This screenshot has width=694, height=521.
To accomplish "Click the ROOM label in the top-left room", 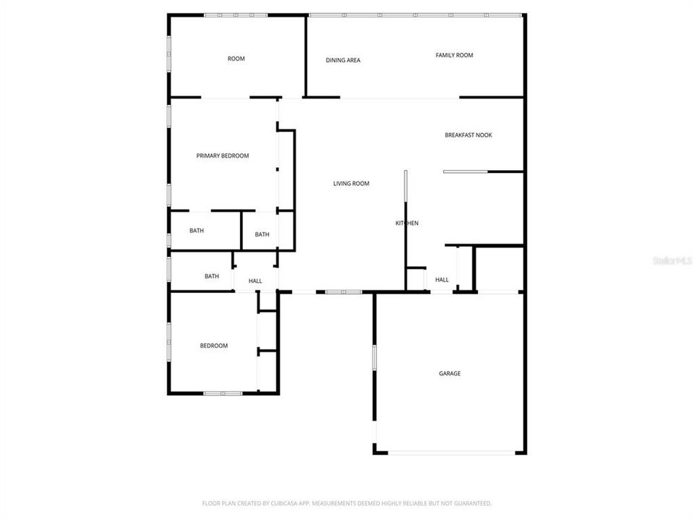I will [236, 59].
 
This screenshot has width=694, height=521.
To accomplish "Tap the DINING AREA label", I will [343, 60].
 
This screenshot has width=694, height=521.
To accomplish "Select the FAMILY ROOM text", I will [454, 55].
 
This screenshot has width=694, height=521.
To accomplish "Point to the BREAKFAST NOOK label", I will [468, 135].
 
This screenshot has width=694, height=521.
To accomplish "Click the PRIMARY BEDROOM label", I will [223, 156].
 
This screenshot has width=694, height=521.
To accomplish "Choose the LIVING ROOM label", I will [351, 184].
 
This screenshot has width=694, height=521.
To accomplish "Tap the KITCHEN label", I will [406, 223].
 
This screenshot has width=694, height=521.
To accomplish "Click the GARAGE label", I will [450, 373].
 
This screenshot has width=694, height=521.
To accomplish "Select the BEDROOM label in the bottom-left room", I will [213, 346].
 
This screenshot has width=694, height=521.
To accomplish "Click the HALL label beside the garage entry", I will [442, 279].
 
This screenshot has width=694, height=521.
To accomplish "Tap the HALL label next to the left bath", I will [255, 281].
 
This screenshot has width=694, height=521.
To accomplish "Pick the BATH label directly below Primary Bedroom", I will [197, 231].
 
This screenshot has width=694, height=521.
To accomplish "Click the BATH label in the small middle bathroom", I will [262, 234].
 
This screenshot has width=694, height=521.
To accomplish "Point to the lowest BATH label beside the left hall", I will [212, 276].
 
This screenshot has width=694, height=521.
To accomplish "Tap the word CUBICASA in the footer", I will [279, 503].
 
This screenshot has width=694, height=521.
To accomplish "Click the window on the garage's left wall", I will [374, 359].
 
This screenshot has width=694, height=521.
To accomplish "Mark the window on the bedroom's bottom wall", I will [222, 393].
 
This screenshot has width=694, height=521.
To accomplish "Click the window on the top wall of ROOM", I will [236, 15].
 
